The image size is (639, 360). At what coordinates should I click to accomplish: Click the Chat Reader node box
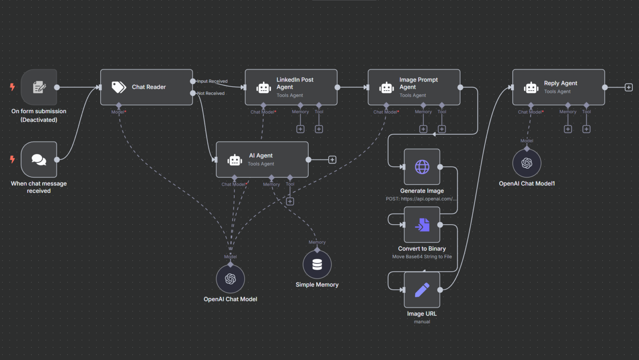[x=146, y=87]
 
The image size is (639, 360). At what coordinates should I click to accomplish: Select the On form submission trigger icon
[x=39, y=87]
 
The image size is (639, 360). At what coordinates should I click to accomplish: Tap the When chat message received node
[x=39, y=159]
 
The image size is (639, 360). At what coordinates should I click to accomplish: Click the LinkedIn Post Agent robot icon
[x=264, y=87]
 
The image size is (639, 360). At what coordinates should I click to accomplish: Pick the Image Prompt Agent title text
[x=418, y=83]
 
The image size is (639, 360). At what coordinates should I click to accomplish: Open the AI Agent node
[x=262, y=159]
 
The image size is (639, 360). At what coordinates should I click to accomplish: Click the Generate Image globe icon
[x=422, y=167]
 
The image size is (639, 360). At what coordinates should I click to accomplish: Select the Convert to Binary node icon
[x=422, y=225]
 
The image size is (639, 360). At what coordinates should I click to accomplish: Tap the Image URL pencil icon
[x=422, y=290]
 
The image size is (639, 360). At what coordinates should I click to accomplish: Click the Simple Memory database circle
[x=317, y=264]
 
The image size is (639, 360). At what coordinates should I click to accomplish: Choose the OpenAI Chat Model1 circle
[x=527, y=163]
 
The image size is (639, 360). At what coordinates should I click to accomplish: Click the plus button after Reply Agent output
[x=629, y=87]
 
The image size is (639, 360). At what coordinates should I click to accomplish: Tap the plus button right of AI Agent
[x=332, y=160]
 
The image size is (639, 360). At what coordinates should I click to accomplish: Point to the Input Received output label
[x=212, y=81]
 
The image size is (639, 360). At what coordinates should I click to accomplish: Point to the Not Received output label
[x=211, y=93]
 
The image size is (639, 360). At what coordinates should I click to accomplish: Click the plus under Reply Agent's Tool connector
[x=586, y=129]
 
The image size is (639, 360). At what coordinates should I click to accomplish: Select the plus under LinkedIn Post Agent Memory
[x=300, y=129]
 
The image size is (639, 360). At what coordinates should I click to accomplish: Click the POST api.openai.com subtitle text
[x=421, y=199]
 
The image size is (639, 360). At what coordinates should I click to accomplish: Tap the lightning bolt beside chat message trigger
[x=12, y=159]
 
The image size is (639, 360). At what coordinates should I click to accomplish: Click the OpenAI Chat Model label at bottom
[x=230, y=299]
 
